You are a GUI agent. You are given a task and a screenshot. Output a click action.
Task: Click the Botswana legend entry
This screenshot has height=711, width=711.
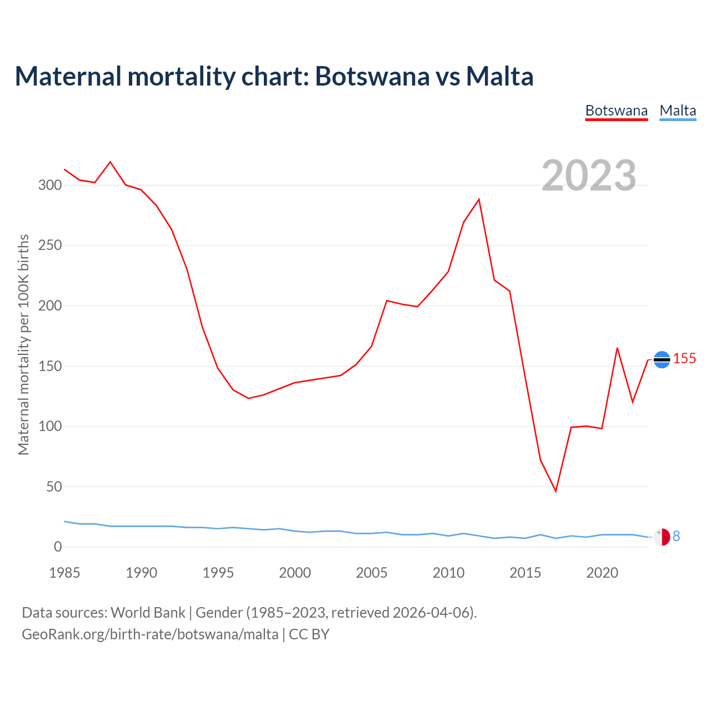[616, 111]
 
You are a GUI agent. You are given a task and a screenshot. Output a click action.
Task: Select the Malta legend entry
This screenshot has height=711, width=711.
[678, 111]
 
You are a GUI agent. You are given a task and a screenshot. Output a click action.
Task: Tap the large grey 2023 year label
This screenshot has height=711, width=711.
[589, 176]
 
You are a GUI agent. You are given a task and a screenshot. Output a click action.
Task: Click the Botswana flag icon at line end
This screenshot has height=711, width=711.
[662, 360]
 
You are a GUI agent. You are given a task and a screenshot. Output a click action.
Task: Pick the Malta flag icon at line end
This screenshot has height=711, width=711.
[662, 537]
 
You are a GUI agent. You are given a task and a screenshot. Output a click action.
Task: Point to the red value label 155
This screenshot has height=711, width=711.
[684, 359]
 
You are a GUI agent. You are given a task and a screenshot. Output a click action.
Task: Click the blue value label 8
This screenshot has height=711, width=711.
[676, 536]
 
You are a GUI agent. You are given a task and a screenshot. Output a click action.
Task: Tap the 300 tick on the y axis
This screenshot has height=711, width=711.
[49, 185]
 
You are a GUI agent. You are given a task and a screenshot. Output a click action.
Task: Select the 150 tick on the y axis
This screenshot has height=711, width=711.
[49, 366]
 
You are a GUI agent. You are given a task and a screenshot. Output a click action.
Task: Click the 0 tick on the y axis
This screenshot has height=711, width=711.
[58, 547]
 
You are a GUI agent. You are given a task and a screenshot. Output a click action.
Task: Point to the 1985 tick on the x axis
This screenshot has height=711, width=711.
[64, 573]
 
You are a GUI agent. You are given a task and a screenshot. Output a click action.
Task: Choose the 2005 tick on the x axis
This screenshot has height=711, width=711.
[372, 573]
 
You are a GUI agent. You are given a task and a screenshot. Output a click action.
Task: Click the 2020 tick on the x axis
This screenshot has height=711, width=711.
[602, 573]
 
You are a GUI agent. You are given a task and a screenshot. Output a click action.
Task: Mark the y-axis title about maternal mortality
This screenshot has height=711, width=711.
[23, 344]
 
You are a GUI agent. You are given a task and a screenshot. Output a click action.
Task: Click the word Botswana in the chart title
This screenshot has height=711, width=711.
[372, 77]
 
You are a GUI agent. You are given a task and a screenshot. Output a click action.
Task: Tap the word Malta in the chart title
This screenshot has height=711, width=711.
[499, 77]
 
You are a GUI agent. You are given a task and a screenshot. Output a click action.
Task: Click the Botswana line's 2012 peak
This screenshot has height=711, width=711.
[479, 199]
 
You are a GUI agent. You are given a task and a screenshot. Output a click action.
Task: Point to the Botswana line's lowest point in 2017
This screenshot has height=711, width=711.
[555, 491]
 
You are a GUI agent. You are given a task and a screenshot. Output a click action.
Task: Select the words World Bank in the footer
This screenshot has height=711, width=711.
[148, 613]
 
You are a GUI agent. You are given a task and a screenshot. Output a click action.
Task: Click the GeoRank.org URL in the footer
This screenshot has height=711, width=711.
[150, 634]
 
